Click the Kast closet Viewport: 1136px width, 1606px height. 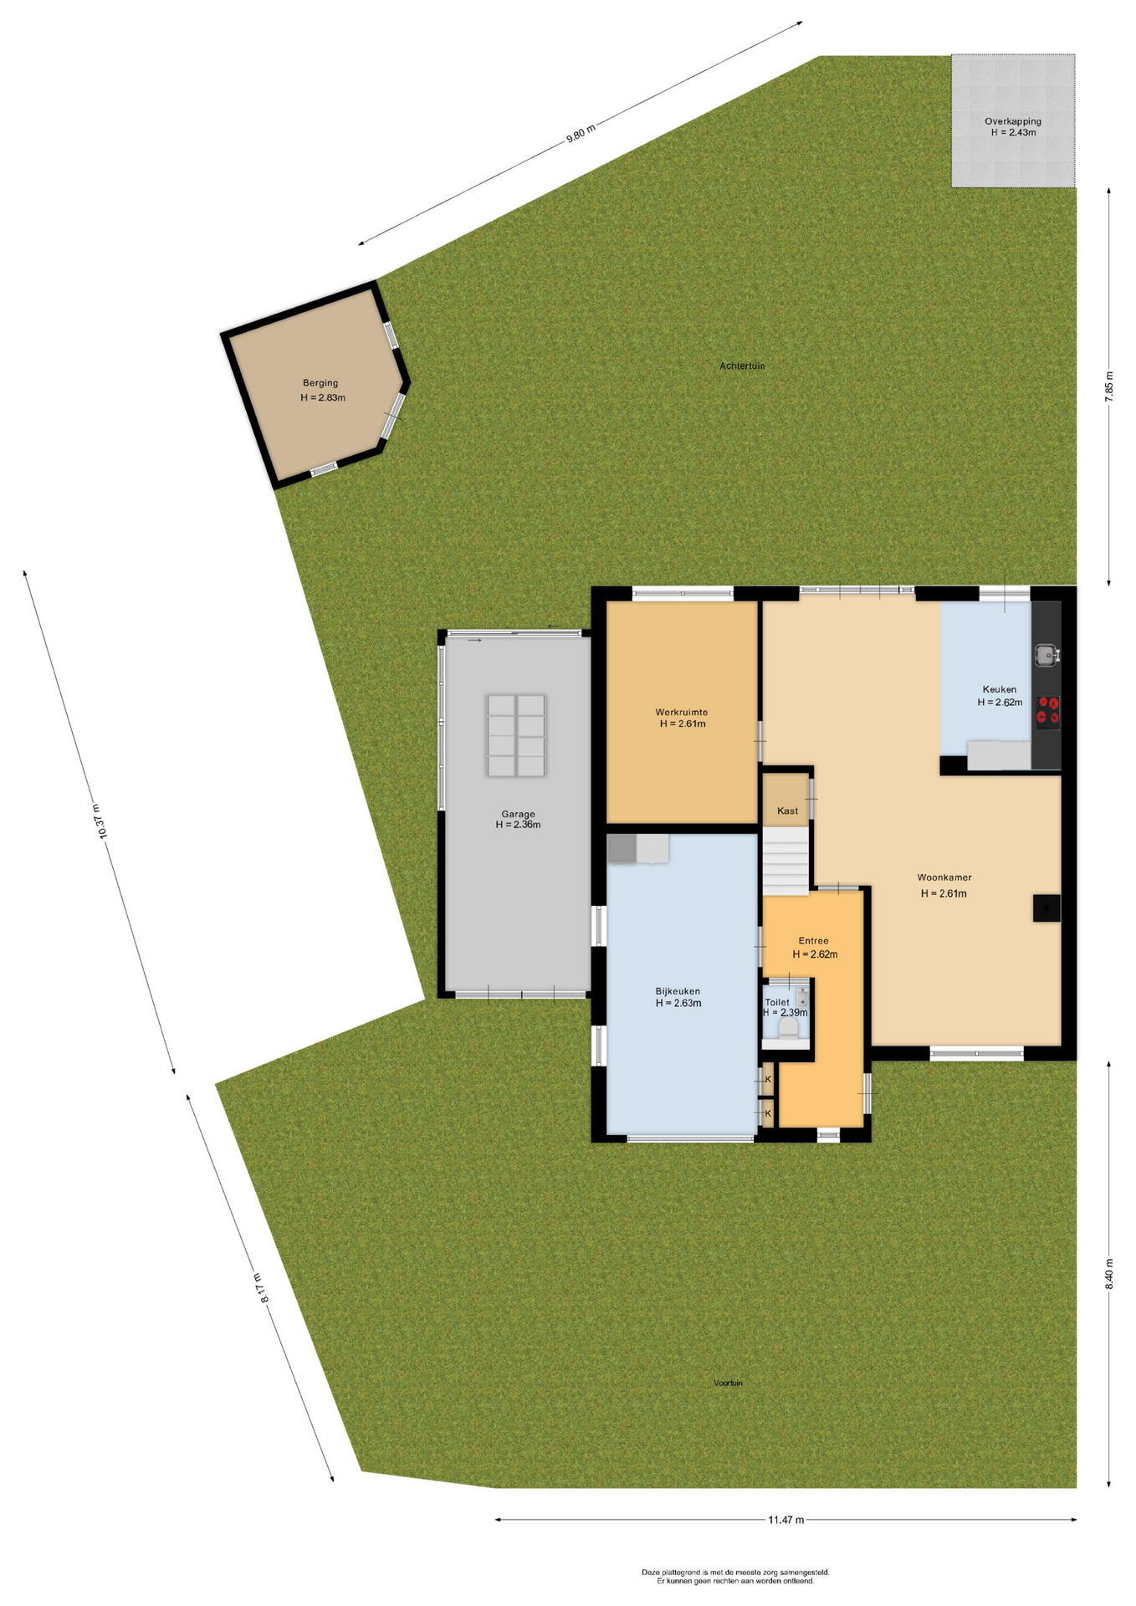(786, 800)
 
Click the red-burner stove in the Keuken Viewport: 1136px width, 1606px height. (1047, 711)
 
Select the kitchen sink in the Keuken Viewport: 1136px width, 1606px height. (1046, 654)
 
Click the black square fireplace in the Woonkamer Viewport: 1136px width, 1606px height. (1046, 908)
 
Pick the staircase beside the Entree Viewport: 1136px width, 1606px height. (785, 861)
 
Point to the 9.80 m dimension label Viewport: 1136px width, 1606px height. (581, 133)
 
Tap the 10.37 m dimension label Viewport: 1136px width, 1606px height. (99, 821)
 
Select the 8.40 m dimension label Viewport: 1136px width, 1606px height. (1109, 1274)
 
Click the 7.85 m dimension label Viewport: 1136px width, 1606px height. (1109, 386)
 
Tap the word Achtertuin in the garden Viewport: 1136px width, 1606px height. (742, 366)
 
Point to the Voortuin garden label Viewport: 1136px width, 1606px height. (728, 1383)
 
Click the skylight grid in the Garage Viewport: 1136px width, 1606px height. (516, 735)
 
